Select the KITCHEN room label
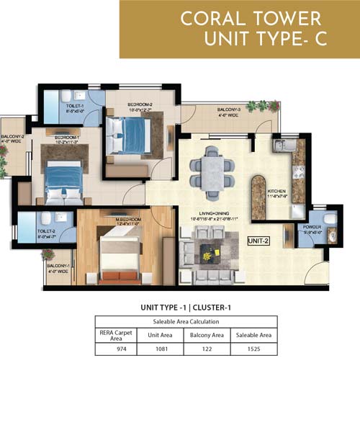coord(277,188)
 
